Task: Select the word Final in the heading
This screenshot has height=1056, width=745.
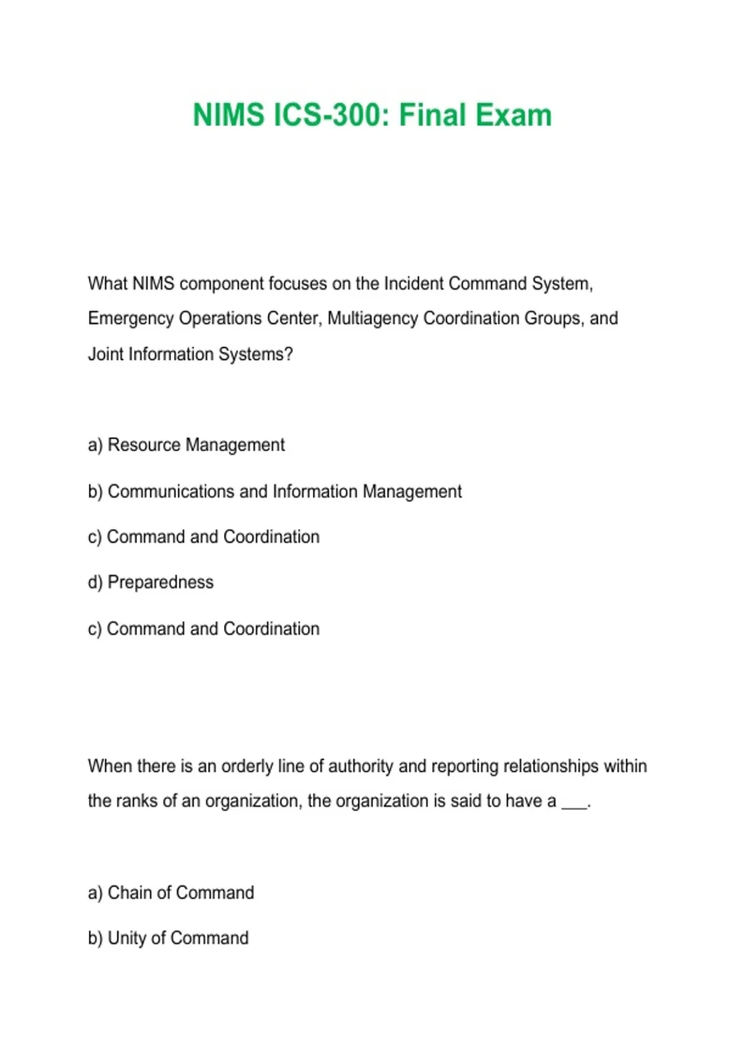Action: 432,116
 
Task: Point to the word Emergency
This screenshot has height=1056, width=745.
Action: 130,319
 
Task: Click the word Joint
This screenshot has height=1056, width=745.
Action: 106,354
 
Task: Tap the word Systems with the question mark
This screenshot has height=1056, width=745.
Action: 261,354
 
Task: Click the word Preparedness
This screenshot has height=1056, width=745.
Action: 160,582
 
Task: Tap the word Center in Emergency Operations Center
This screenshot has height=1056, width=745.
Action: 294,319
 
